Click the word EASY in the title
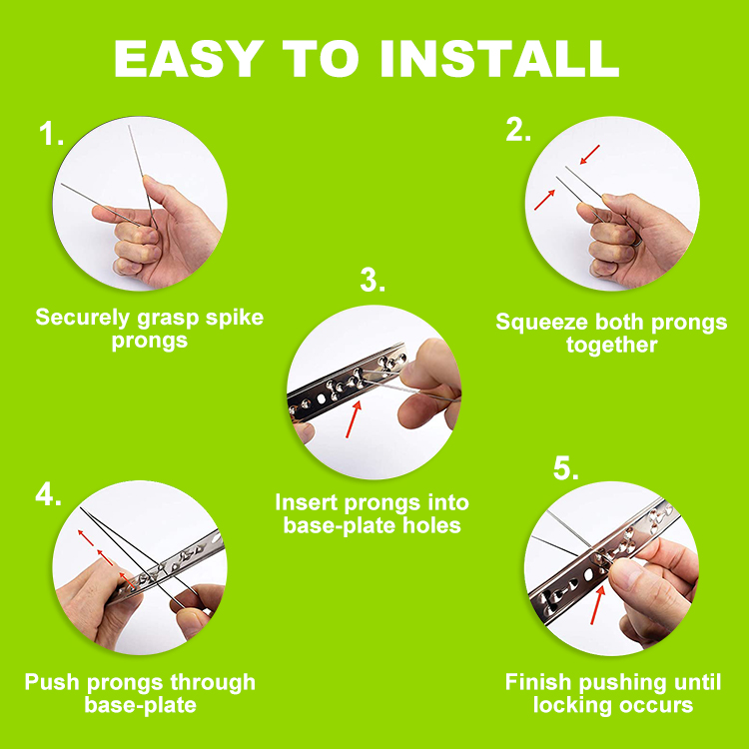(x=189, y=58)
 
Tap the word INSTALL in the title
(x=499, y=58)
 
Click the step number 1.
(x=51, y=133)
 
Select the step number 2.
(x=518, y=130)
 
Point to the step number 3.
(x=373, y=280)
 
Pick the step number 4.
(x=48, y=493)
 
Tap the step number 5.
(x=565, y=468)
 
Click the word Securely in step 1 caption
(x=82, y=319)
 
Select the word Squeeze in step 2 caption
(x=541, y=322)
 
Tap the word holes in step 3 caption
(x=431, y=525)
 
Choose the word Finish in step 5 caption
(x=539, y=682)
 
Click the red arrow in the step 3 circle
(x=354, y=418)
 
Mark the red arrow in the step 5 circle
(x=598, y=605)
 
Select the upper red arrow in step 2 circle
(x=590, y=154)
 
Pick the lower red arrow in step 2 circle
(x=544, y=200)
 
